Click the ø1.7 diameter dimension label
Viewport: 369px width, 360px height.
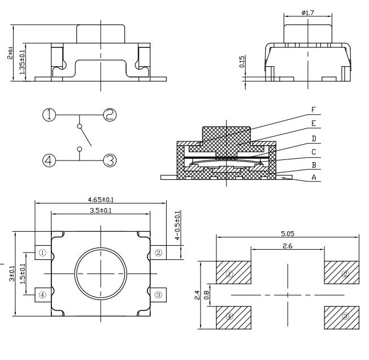pyautogui.click(x=308, y=12)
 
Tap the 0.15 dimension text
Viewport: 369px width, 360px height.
pyautogui.click(x=242, y=62)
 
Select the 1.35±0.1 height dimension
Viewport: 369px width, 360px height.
pyautogui.click(x=22, y=62)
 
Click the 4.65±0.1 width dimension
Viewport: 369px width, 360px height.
pyautogui.click(x=101, y=199)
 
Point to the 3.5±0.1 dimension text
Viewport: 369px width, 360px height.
pyautogui.click(x=101, y=210)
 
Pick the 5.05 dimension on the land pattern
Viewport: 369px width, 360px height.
pyautogui.click(x=288, y=233)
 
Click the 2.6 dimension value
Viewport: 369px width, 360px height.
pyautogui.click(x=288, y=246)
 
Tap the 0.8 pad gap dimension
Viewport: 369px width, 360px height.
pyautogui.click(x=206, y=295)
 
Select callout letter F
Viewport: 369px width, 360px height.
pyautogui.click(x=314, y=110)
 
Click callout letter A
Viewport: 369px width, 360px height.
pyautogui.click(x=314, y=177)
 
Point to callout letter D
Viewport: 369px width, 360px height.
pyautogui.click(x=314, y=138)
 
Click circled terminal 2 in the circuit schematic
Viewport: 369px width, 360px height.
pyautogui.click(x=110, y=115)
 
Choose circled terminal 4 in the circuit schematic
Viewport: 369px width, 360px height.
pyautogui.click(x=49, y=161)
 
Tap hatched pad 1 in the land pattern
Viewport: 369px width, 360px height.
pyautogui.click(x=234, y=272)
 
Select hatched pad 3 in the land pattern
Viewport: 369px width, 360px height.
pyautogui.click(x=342, y=318)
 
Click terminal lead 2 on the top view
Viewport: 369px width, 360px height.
pyautogui.click(x=158, y=253)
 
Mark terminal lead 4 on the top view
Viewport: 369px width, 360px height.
pyautogui.click(x=43, y=295)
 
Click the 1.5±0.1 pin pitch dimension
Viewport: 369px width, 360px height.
pyautogui.click(x=23, y=274)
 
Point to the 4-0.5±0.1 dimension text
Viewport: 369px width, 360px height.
pyautogui.click(x=177, y=225)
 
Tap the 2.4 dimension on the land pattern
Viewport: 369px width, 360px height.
pyautogui.click(x=197, y=295)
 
